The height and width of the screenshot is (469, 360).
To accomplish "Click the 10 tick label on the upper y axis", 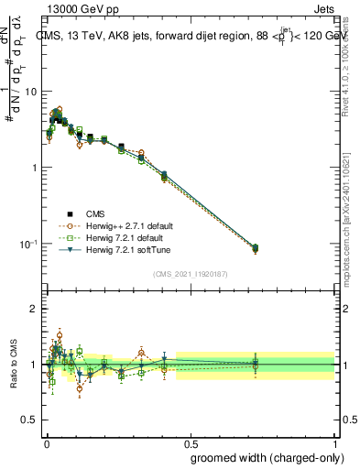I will (30, 92).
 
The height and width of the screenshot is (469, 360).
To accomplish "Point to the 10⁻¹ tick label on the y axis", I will (27, 244).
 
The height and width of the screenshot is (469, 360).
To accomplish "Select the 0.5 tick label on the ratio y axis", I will (28, 420).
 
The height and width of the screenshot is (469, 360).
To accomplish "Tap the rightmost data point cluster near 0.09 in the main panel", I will (256, 248).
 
